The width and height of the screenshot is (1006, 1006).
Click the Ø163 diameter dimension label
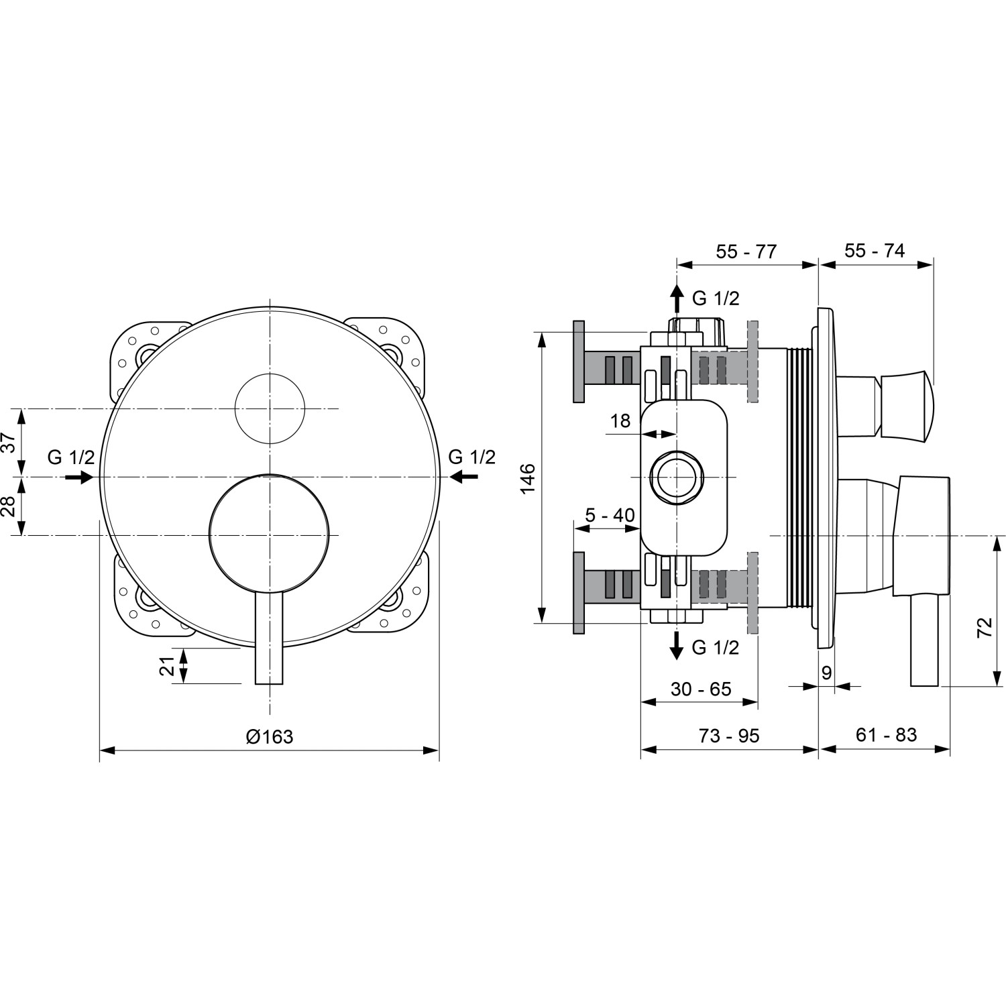click(270, 736)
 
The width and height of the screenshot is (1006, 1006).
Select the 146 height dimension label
click(528, 478)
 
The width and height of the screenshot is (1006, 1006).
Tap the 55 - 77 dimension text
click(746, 251)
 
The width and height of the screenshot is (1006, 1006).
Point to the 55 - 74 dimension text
click(875, 251)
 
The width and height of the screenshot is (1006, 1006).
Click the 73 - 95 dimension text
click(729, 736)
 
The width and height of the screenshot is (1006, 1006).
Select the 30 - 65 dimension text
click(701, 689)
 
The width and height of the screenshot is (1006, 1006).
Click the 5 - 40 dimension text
click(610, 515)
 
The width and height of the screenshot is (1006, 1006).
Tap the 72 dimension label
click(985, 628)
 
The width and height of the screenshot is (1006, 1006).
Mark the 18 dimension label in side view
click(620, 421)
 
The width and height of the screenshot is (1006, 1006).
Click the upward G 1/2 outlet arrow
click(677, 298)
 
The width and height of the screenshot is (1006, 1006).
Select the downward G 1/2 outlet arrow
click(677, 645)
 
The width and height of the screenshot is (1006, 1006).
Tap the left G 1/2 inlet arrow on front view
click(79, 477)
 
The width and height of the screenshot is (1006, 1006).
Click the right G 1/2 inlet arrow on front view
click(464, 476)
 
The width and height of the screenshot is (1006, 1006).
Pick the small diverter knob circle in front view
click(270, 408)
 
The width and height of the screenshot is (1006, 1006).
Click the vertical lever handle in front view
click(270, 637)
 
